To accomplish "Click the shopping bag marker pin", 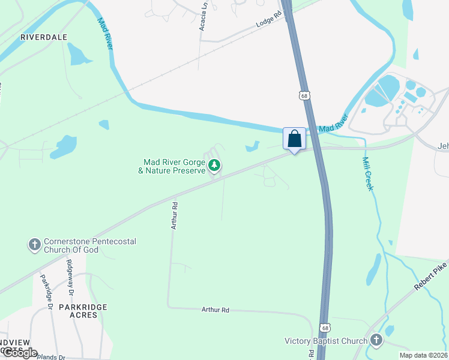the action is (294, 139).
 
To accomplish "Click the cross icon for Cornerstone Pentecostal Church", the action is (34, 245).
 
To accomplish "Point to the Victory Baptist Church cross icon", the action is (376, 341).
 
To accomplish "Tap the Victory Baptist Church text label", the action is (325, 341).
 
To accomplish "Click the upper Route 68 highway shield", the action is (305, 95).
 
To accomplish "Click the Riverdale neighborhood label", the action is (44, 37).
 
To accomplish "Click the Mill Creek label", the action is (367, 173).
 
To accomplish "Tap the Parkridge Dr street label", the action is (46, 292).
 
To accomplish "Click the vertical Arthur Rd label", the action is (174, 215).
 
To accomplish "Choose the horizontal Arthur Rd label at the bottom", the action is (215, 310).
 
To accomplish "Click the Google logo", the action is (19, 353).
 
